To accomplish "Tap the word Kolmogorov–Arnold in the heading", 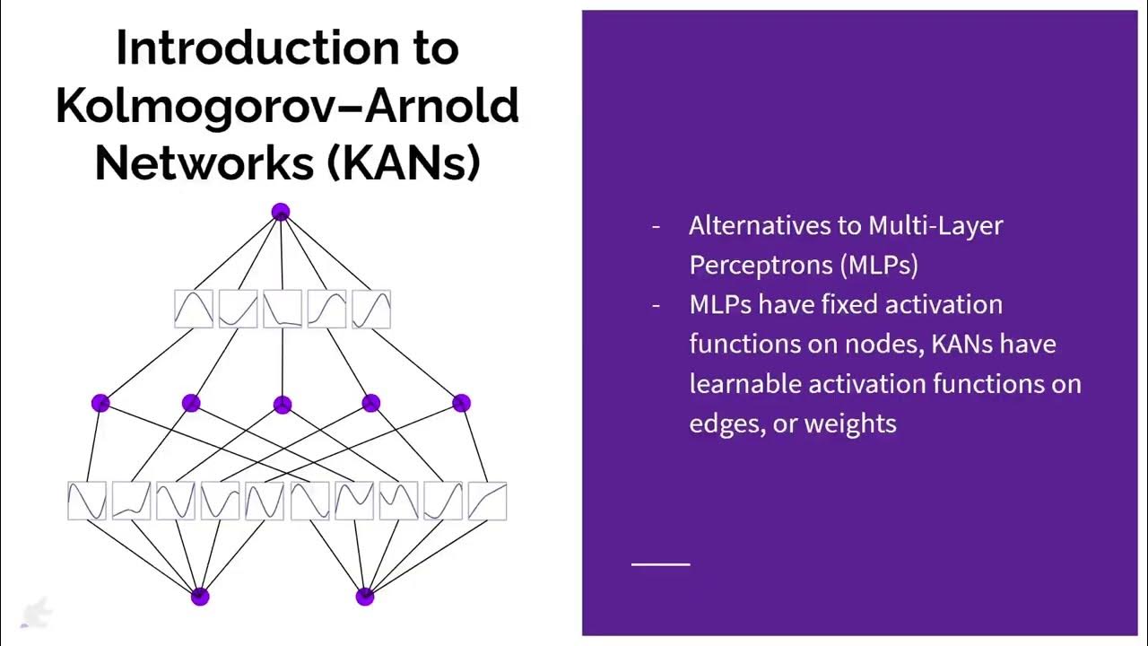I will click(x=287, y=106).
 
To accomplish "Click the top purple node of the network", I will click(x=281, y=213).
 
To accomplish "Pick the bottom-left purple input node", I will click(x=200, y=597).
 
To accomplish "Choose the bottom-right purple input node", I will click(x=364, y=597).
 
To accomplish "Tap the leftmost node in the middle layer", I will click(x=100, y=404).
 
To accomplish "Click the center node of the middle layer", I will click(x=282, y=405).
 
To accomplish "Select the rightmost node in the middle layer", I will click(x=461, y=404).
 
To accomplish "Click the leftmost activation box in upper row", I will click(x=194, y=309).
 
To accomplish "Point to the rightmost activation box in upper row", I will click(x=371, y=309).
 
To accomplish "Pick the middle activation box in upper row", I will click(x=283, y=309).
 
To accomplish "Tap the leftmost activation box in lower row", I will click(x=87, y=501).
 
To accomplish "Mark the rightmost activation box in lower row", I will click(x=487, y=501).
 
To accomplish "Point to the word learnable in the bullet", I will click(x=744, y=384).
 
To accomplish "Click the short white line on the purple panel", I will click(x=661, y=564).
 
